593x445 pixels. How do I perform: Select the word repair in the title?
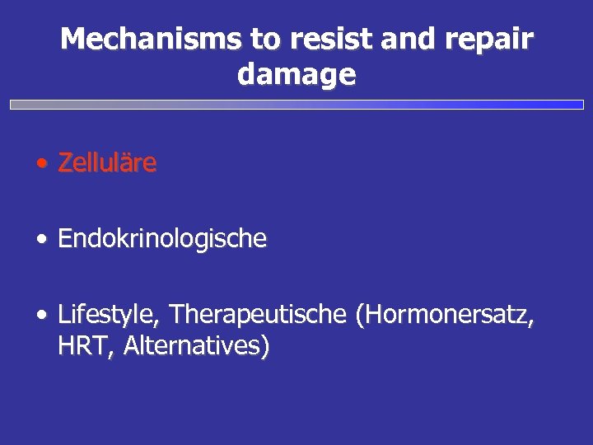pyautogui.click(x=493, y=39)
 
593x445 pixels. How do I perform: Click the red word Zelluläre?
pyautogui.click(x=107, y=163)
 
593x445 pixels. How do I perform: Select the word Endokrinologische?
pyautogui.click(x=162, y=239)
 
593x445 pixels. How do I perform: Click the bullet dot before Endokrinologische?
pyautogui.click(x=41, y=241)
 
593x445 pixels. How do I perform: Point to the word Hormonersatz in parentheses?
pyautogui.click(x=446, y=315)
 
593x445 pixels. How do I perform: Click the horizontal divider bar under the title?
pyautogui.click(x=296, y=105)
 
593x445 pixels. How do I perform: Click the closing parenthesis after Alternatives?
pyautogui.click(x=264, y=347)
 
